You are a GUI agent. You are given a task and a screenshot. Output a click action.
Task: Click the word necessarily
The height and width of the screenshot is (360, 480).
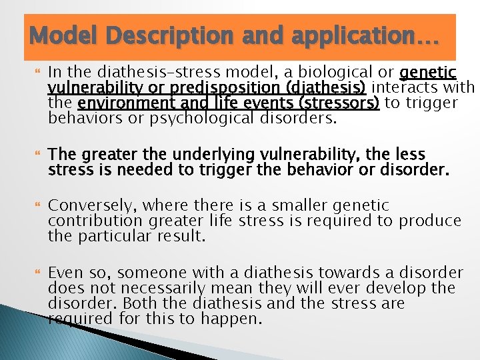[167, 288]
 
